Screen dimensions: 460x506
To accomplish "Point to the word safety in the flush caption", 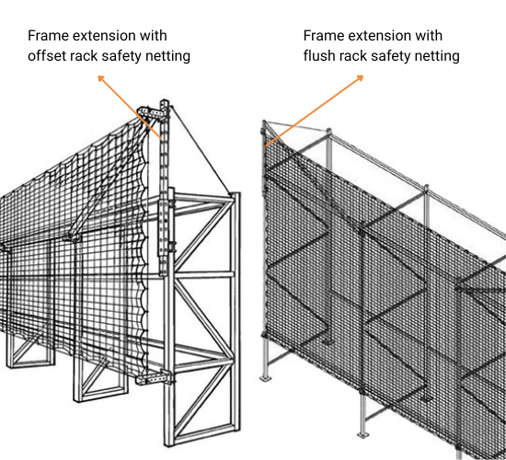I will point(400,56).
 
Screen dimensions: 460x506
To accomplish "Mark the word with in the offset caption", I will point(152,36).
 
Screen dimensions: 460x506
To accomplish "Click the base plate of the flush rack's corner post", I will point(267,376).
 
